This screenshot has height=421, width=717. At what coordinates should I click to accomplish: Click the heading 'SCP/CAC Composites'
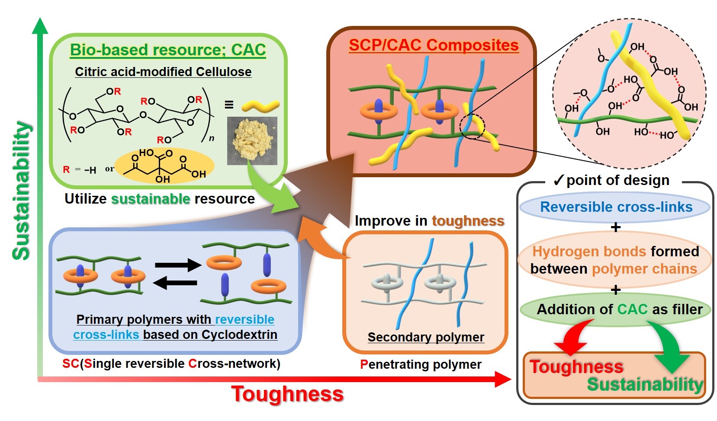pyautogui.click(x=434, y=45)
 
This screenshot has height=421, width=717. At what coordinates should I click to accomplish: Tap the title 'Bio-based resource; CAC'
pyautogui.click(x=168, y=50)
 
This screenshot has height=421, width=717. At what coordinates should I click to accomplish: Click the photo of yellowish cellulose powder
pyautogui.click(x=252, y=140)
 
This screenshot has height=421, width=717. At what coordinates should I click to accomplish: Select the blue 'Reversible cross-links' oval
pyautogui.click(x=616, y=207)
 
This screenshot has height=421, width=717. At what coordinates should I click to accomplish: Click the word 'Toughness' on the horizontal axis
pyautogui.click(x=288, y=394)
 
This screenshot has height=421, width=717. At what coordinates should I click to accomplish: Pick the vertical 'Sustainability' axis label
pyautogui.click(x=22, y=190)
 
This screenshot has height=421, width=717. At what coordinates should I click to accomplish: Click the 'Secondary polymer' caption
pyautogui.click(x=426, y=337)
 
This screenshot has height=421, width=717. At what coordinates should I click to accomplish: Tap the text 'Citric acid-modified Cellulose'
pyautogui.click(x=163, y=72)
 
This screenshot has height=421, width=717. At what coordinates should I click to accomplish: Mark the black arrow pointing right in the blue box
pyautogui.click(x=178, y=265)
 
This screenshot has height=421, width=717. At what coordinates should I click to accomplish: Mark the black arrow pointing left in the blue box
pyautogui.click(x=175, y=283)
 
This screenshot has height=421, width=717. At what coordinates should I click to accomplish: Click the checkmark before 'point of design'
pyautogui.click(x=558, y=180)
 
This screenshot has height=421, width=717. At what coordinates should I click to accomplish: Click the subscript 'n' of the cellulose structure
pyautogui.click(x=212, y=139)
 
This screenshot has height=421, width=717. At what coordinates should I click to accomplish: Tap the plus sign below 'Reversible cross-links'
pyautogui.click(x=615, y=227)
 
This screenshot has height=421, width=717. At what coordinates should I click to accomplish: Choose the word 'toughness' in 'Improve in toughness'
pyautogui.click(x=468, y=221)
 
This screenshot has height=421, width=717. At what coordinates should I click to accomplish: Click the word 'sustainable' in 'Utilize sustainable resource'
pyautogui.click(x=151, y=199)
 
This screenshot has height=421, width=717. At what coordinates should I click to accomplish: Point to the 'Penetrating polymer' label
pyautogui.click(x=421, y=365)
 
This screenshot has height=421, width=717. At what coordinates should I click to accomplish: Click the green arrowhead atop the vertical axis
pyautogui.click(x=40, y=26)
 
